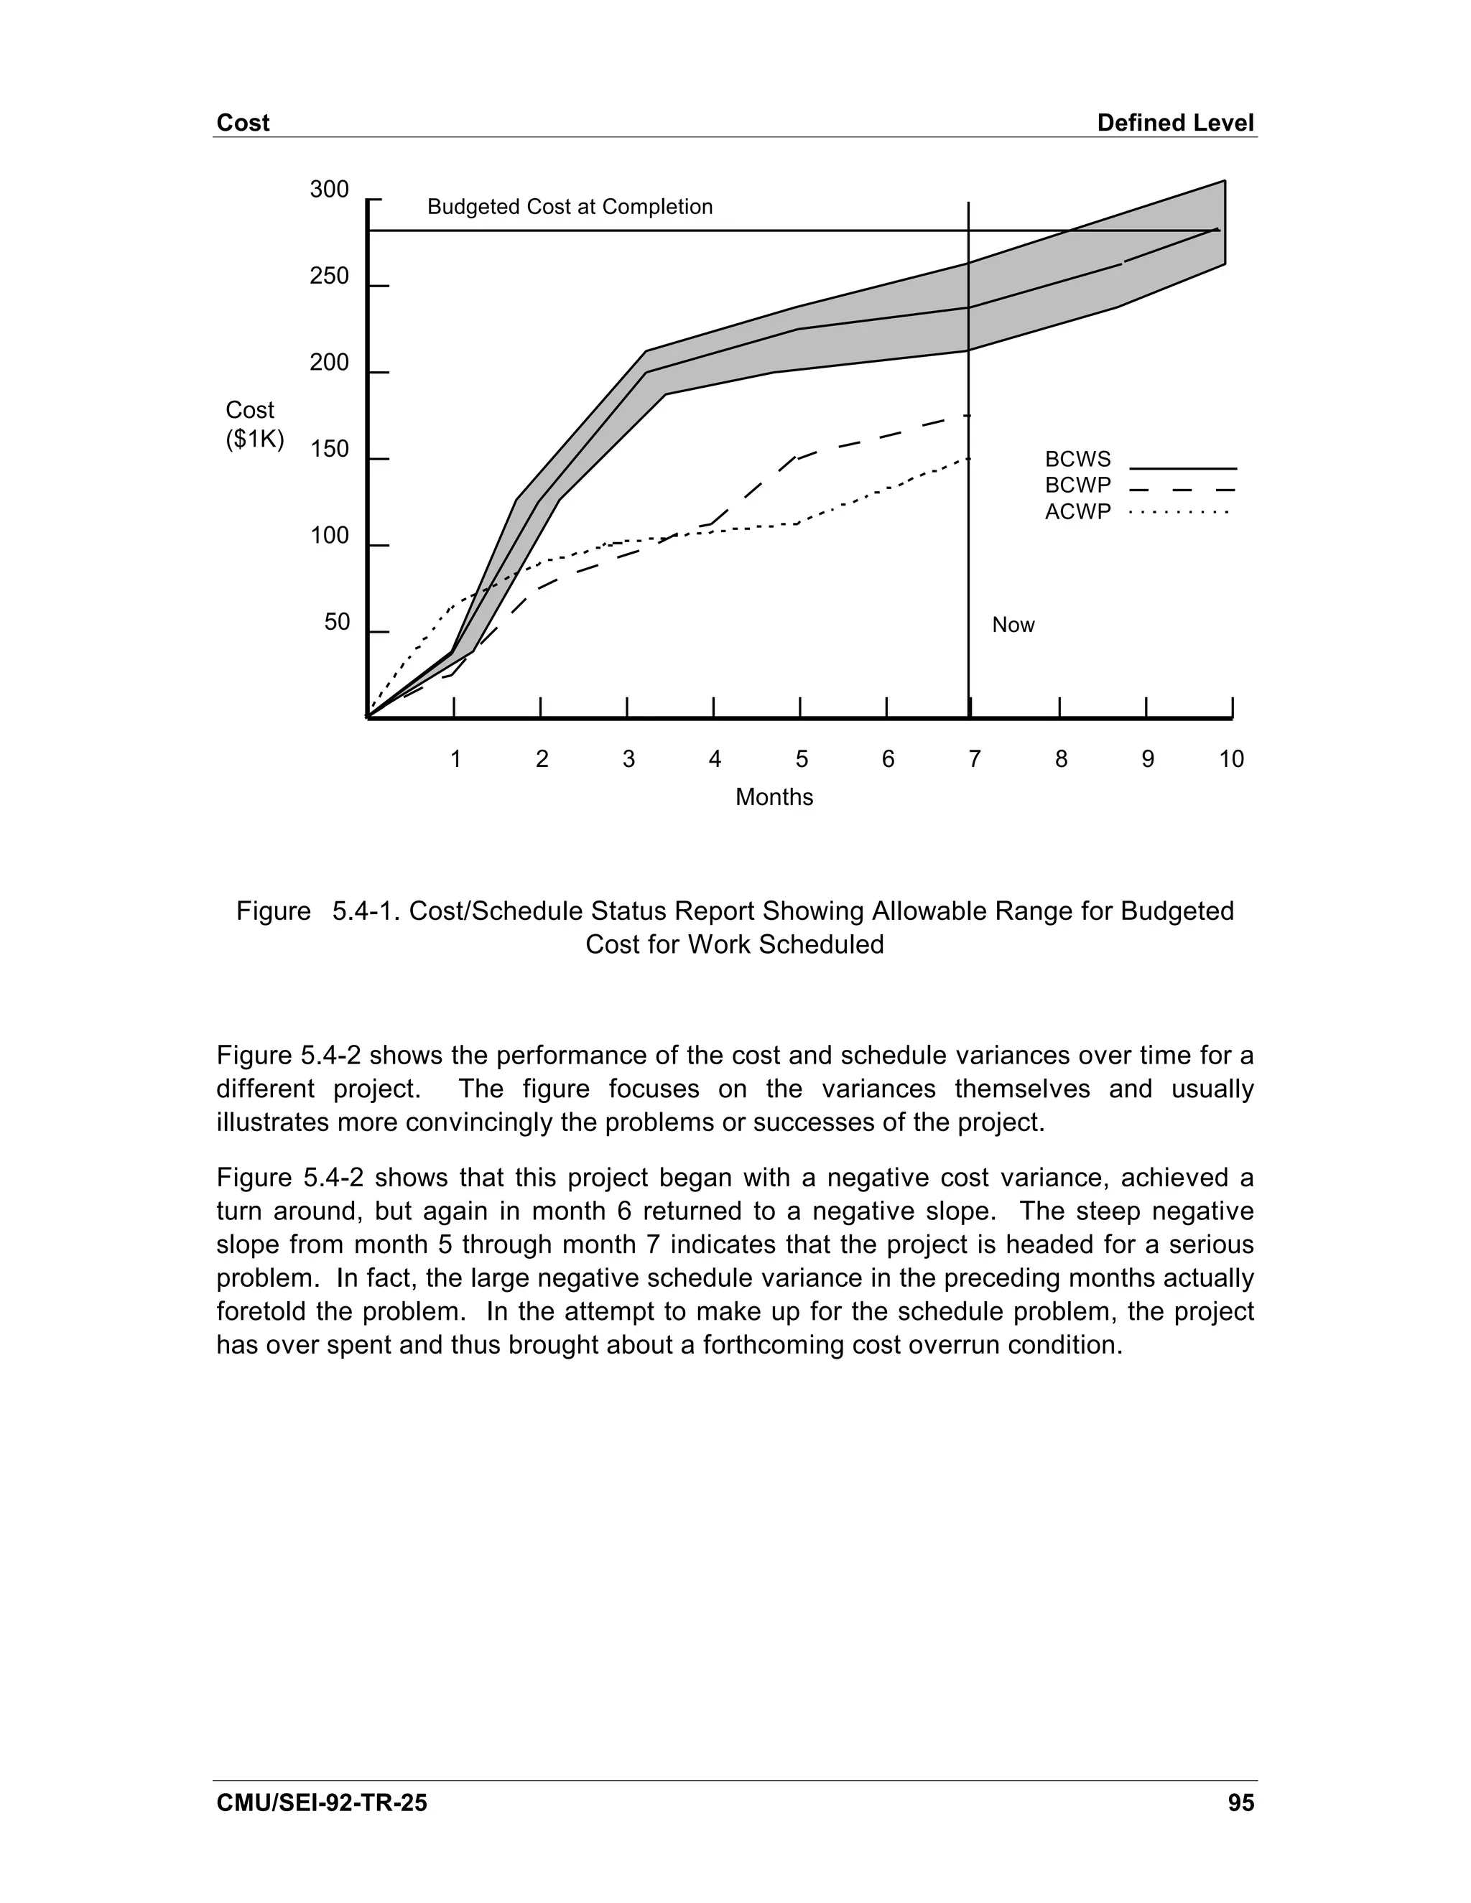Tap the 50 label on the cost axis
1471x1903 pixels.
(x=336, y=622)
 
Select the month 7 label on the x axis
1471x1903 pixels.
(x=974, y=759)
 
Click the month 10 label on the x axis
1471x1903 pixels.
(x=1230, y=759)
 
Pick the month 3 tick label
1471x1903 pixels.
(x=628, y=759)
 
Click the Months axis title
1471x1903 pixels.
(x=774, y=797)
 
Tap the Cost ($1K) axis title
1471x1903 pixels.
(x=254, y=424)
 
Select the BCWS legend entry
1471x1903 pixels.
(x=1078, y=459)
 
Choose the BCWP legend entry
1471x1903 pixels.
(x=1078, y=485)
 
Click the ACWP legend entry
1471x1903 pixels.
(x=1078, y=511)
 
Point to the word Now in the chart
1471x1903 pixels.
(x=1013, y=625)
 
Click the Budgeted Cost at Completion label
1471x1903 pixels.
(x=570, y=207)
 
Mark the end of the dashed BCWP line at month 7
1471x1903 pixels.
(x=968, y=417)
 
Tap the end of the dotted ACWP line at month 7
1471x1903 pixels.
(x=968, y=458)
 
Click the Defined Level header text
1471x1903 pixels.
(x=1174, y=123)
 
